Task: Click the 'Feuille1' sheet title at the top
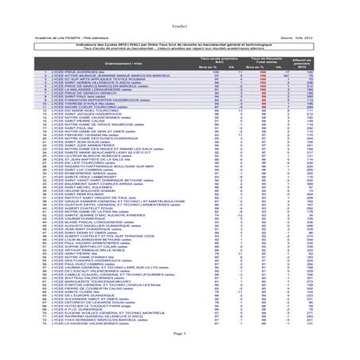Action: (x=179, y=7)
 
